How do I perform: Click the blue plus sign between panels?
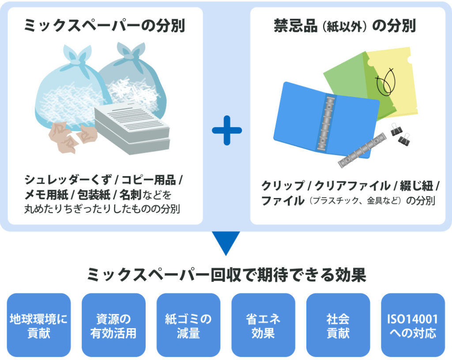[x=226, y=130]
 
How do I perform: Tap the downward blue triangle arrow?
[x=226, y=241]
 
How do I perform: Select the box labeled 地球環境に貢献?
[x=39, y=325]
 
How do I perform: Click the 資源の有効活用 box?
[x=113, y=325]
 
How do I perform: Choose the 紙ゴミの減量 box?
[x=188, y=325]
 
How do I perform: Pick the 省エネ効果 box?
[x=263, y=325]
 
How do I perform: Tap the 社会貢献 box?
[x=338, y=325]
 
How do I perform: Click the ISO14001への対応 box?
[x=413, y=325]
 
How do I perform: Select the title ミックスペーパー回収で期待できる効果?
[x=226, y=276]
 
